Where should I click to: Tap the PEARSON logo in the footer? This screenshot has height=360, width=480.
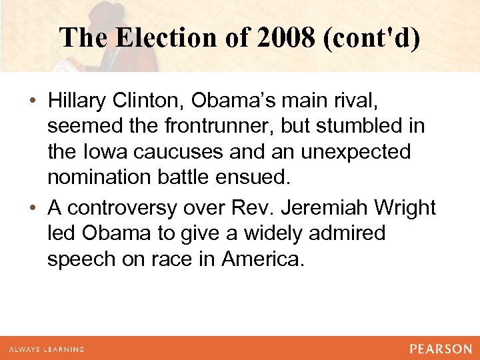[441, 349]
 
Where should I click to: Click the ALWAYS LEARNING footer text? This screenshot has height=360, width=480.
[47, 349]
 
